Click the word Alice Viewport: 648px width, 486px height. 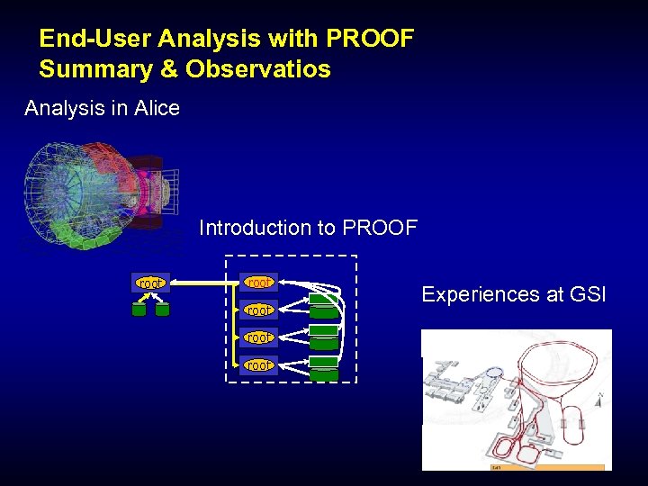coord(157,109)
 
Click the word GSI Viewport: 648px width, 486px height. coord(589,294)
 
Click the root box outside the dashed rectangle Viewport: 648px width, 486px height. coord(150,283)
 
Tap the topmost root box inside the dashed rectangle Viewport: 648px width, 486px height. coord(258,283)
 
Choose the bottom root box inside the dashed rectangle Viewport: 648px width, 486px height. coord(258,364)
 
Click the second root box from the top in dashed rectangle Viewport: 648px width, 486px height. coord(258,310)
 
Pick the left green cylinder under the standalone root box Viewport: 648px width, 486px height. coord(139,310)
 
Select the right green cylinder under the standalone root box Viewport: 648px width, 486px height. coord(162,310)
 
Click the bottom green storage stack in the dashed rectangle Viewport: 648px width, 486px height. coord(324,369)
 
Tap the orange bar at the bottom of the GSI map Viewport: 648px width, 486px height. coord(546,467)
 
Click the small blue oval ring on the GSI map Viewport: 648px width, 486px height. coord(492,371)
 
